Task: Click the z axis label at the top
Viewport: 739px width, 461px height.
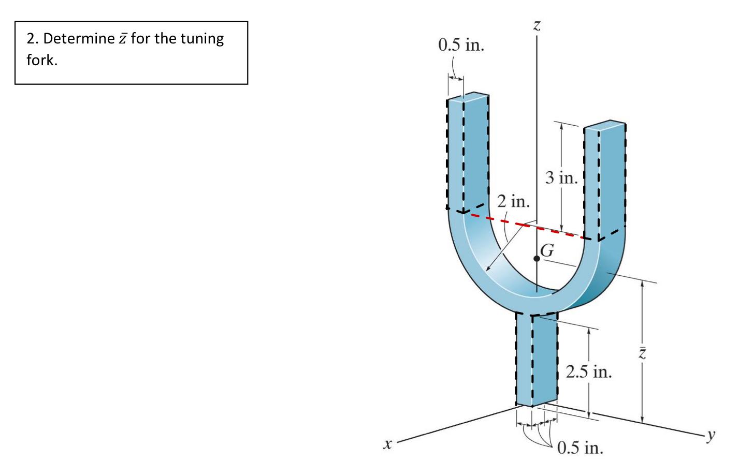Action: click(x=537, y=25)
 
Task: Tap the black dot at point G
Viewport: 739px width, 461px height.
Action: click(x=537, y=258)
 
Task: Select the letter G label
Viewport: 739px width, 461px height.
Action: click(x=547, y=251)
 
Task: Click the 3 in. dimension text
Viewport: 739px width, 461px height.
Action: click(x=561, y=178)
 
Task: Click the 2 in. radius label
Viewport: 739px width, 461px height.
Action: click(x=513, y=201)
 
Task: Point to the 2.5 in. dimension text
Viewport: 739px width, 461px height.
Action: click(x=589, y=371)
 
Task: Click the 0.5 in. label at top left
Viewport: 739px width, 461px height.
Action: click(x=461, y=45)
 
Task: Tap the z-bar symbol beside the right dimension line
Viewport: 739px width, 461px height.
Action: click(x=642, y=353)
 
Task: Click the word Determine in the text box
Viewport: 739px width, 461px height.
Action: click(x=79, y=39)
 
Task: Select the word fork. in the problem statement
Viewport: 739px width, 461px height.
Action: click(x=42, y=61)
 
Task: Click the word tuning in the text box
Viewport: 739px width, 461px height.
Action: click(x=199, y=39)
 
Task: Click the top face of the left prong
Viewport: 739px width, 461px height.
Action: click(x=469, y=97)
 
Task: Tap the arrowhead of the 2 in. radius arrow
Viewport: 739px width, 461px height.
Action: click(x=488, y=269)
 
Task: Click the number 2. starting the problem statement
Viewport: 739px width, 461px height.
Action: click(x=33, y=39)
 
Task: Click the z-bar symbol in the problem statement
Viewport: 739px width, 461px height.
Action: click(x=123, y=39)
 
